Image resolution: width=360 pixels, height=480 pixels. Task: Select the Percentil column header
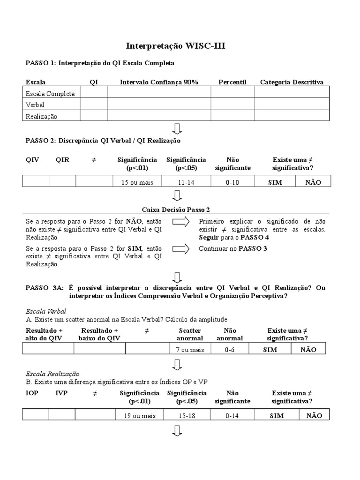pyautogui.click(x=232, y=82)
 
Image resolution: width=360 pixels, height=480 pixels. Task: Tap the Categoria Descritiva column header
pyautogui.click(x=292, y=82)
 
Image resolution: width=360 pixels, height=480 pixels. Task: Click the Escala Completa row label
pyautogui.click(x=50, y=93)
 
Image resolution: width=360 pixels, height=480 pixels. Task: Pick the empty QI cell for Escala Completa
pyautogui.click(x=94, y=93)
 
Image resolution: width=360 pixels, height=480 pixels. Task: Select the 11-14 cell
pyautogui.click(x=186, y=182)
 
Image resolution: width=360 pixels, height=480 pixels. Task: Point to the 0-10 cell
pyautogui.click(x=232, y=182)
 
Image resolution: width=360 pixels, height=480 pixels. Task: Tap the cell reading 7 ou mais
pyautogui.click(x=190, y=350)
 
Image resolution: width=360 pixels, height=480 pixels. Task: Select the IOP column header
pyautogui.click(x=32, y=393)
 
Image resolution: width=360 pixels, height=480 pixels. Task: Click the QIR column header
pyautogui.click(x=62, y=160)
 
